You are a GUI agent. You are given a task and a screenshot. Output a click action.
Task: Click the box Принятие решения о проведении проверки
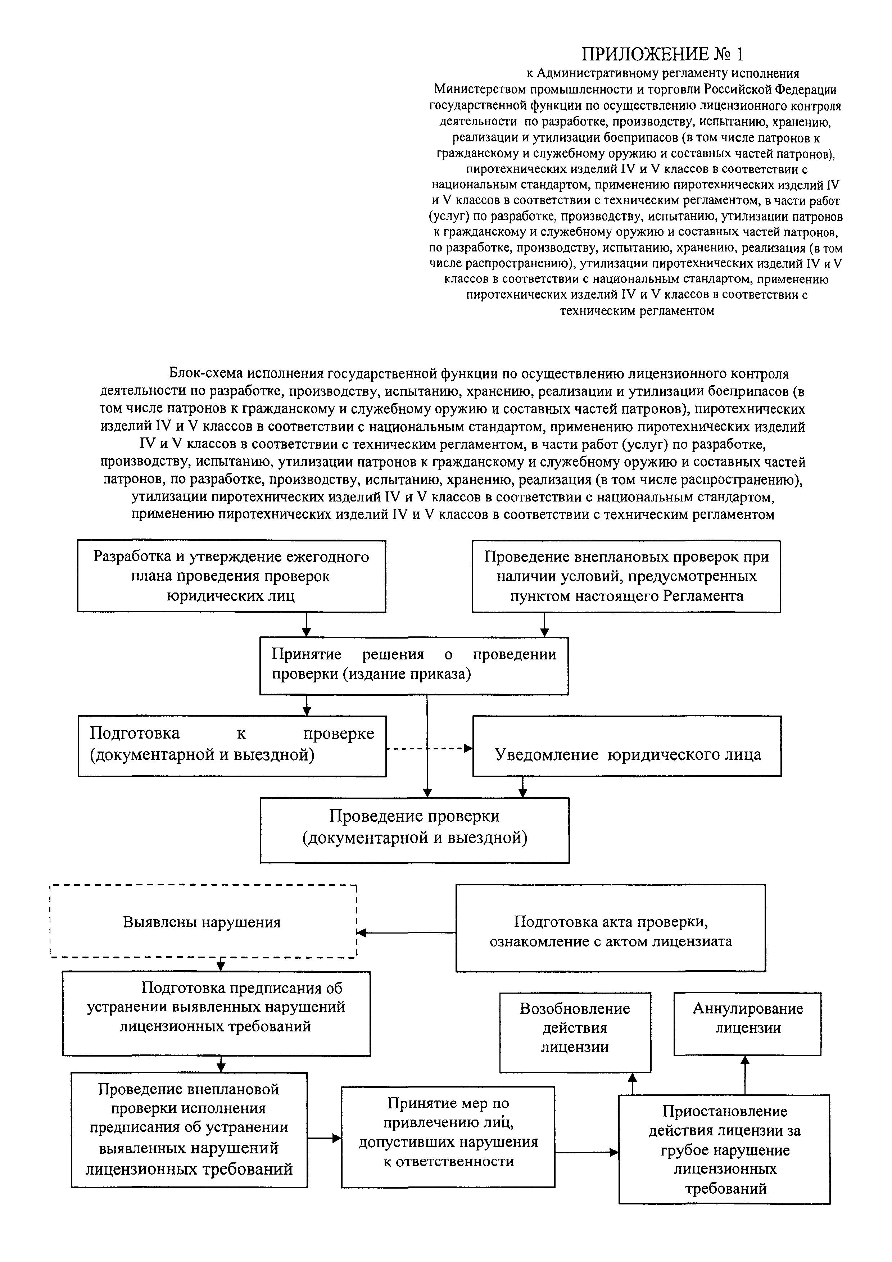tap(414, 666)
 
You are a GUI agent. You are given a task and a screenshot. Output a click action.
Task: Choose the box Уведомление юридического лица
tap(627, 746)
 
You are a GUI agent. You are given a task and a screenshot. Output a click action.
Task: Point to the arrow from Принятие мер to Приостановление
tap(587, 1152)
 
